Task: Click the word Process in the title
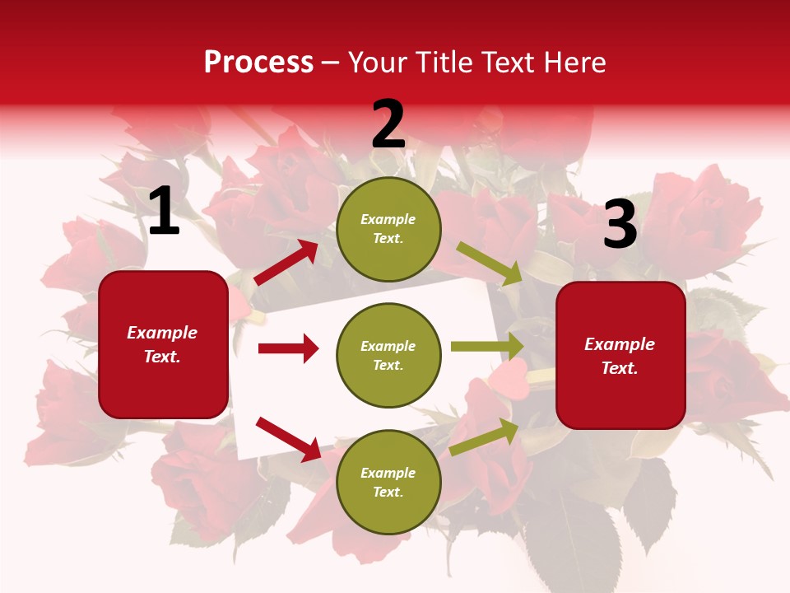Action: [x=258, y=62]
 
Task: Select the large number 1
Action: [x=164, y=212]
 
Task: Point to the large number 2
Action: [x=388, y=124]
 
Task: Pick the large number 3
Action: [x=620, y=225]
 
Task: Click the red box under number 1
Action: [x=163, y=344]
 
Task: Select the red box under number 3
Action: [x=620, y=356]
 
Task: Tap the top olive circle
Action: [x=388, y=229]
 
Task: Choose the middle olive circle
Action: [x=388, y=356]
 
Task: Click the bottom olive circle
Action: [x=388, y=483]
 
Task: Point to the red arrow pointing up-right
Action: [x=286, y=263]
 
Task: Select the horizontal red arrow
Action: [x=288, y=348]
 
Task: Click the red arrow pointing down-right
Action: [x=288, y=439]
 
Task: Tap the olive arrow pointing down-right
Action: [x=489, y=263]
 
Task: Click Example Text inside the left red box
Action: [x=163, y=344]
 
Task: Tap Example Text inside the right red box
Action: [x=620, y=356]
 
